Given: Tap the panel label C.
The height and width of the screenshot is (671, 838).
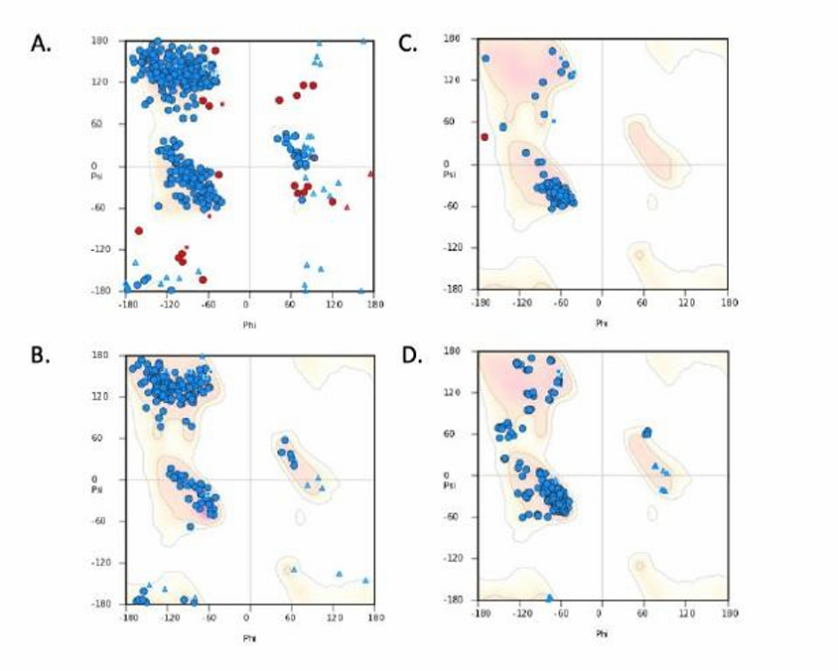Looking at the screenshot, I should pyautogui.click(x=408, y=45).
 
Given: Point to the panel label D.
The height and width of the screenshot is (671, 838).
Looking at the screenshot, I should pyautogui.click(x=408, y=355).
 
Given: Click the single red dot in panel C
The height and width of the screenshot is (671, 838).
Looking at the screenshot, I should pyautogui.click(x=485, y=137).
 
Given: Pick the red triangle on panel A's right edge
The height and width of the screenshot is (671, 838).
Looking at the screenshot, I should pyautogui.click(x=371, y=174).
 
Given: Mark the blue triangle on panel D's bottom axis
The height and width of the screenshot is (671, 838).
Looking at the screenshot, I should pyautogui.click(x=548, y=598).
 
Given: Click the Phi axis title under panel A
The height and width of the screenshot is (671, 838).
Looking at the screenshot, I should pyautogui.click(x=249, y=323).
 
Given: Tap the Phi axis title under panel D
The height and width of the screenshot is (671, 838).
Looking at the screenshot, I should pyautogui.click(x=602, y=632).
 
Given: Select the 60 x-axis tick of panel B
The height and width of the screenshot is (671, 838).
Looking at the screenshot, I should pyautogui.click(x=292, y=616).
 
